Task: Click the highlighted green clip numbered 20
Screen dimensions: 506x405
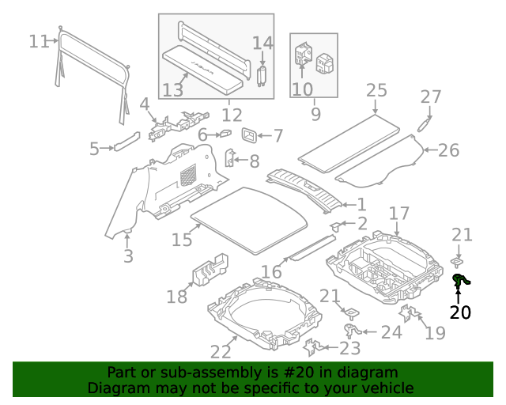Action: (460, 281)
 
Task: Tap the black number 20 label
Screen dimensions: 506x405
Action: (460, 312)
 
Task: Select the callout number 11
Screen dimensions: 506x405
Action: (39, 42)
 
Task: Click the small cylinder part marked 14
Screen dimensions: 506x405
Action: (262, 76)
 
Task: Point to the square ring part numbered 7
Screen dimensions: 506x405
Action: (250, 135)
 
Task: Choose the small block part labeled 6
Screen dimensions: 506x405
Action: (226, 133)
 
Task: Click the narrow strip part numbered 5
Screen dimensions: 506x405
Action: (126, 142)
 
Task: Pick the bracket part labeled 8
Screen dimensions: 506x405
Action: (230, 157)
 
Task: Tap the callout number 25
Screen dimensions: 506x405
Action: (376, 90)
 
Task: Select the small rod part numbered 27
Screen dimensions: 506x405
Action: (425, 124)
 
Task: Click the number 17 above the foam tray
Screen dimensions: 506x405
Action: (399, 214)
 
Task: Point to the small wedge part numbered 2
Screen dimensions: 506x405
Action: (335, 226)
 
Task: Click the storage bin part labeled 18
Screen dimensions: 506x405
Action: (210, 270)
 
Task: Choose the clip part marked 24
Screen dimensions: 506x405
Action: (352, 331)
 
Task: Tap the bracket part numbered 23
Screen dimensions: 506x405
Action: (312, 347)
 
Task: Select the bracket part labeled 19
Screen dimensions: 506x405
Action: (410, 312)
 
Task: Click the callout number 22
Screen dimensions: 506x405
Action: (221, 352)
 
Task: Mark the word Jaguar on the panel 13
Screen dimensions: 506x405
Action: (202, 67)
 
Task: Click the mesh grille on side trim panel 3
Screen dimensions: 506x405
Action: (188, 176)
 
